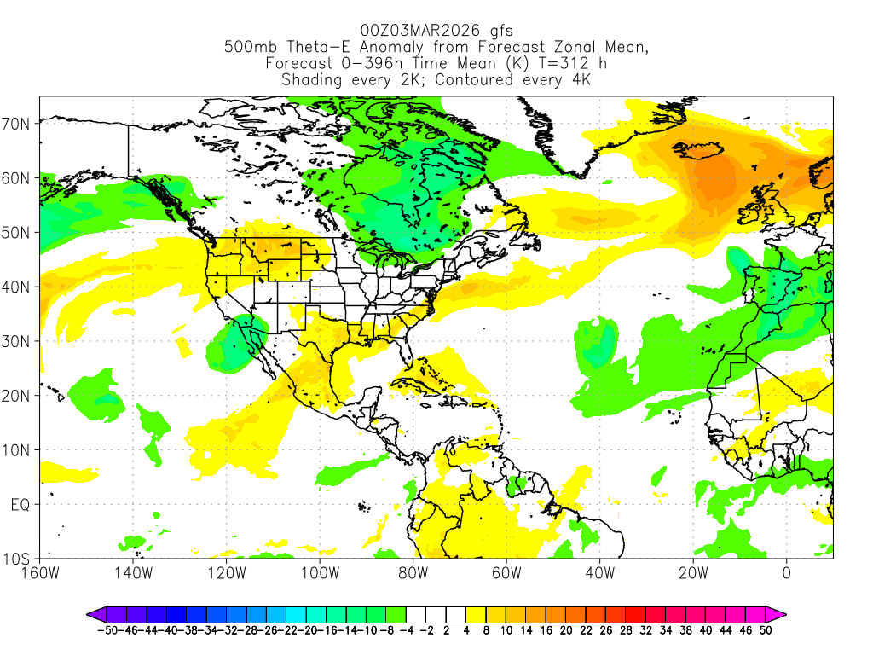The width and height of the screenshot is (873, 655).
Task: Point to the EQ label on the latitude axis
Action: point(20,505)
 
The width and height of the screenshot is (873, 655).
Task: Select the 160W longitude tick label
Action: point(40,572)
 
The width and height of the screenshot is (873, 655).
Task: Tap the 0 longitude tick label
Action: point(786,572)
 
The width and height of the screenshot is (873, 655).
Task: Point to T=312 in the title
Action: point(555,64)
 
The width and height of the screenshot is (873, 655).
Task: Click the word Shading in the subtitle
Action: point(312,80)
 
